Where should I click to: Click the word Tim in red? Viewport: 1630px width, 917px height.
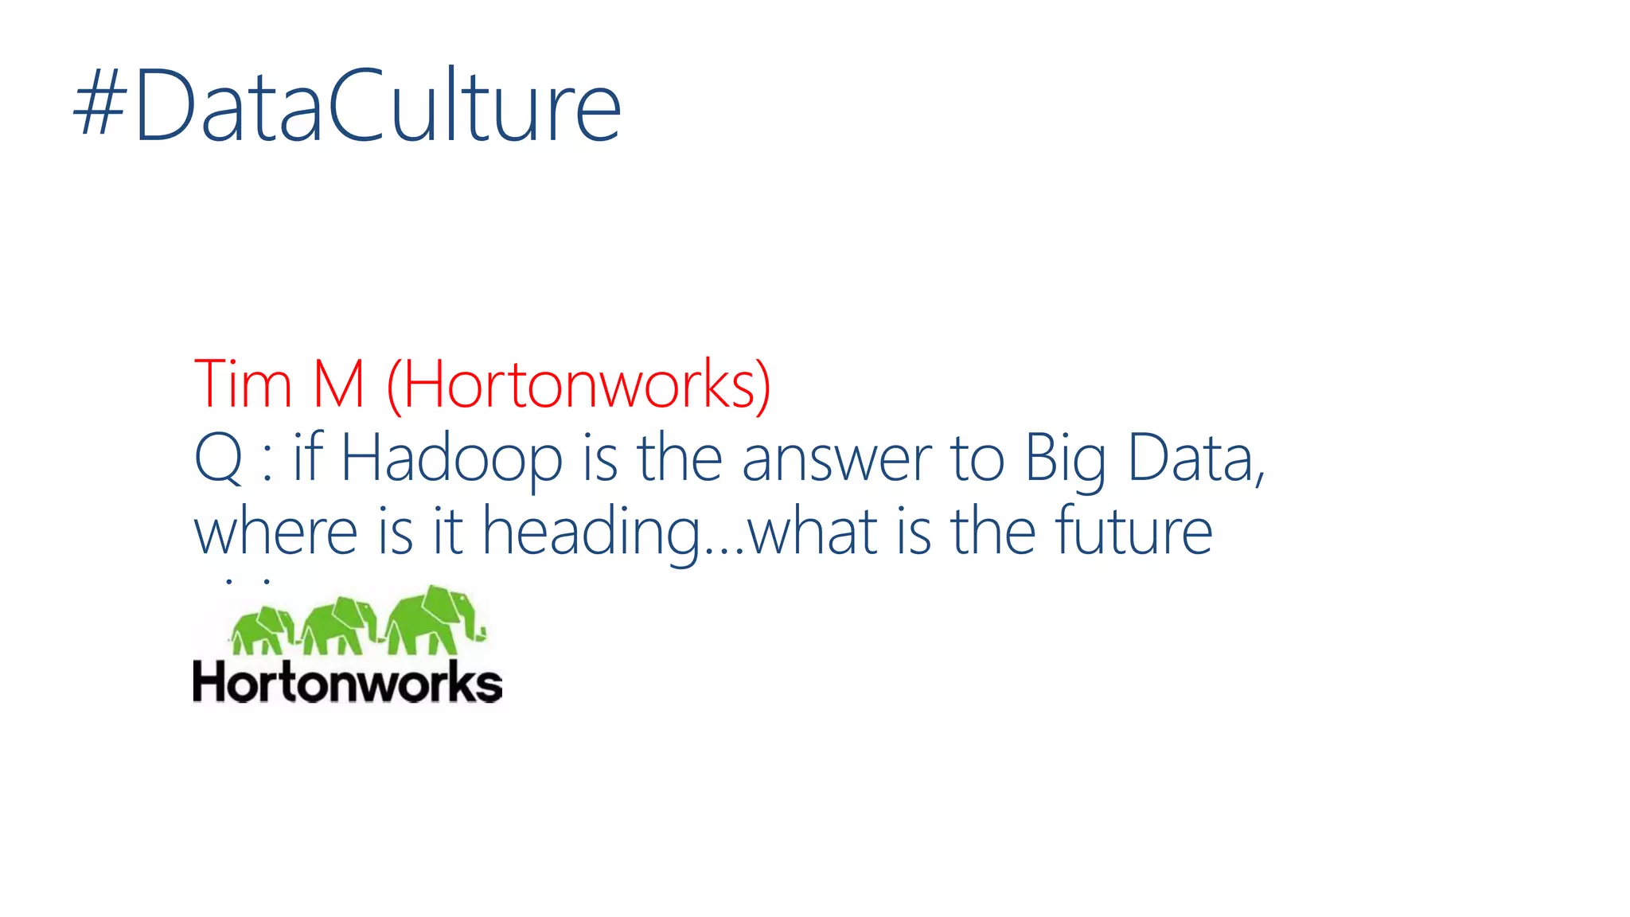coord(243,384)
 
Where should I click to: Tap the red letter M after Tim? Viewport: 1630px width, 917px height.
coord(339,384)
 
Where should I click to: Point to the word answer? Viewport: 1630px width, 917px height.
coord(836,460)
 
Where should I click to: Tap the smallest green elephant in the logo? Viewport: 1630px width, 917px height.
coord(263,630)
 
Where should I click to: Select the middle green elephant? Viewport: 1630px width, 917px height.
coord(339,626)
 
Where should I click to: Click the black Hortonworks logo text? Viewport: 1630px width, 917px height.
coord(347,683)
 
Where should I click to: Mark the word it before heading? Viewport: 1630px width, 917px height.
coord(448,532)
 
